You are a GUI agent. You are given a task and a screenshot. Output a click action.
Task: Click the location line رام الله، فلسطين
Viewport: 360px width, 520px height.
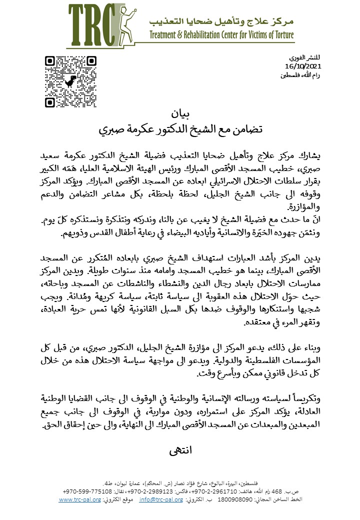coord(300,74)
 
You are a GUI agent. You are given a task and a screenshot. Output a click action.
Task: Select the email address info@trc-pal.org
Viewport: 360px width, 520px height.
coord(160,499)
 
